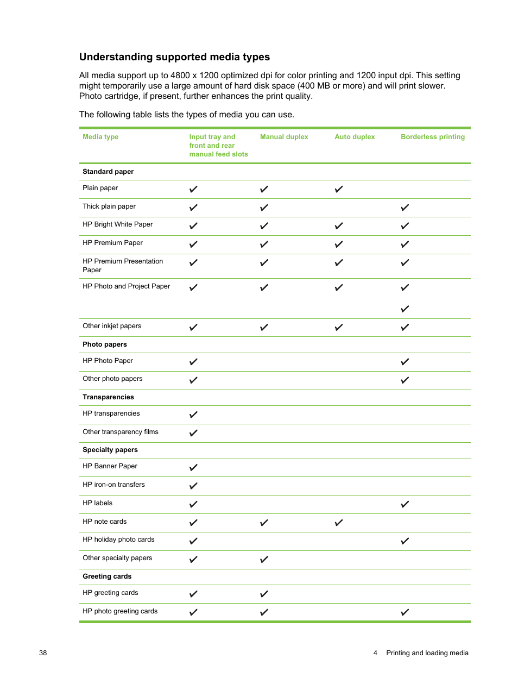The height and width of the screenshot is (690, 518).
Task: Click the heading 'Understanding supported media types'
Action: coord(174,57)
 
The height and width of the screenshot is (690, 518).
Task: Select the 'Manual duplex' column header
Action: coord(283,137)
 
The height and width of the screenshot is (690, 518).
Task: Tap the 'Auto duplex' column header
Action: coord(355,137)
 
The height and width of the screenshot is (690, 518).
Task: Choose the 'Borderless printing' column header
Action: coord(432,137)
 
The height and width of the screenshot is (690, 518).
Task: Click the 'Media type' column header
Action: coord(100,137)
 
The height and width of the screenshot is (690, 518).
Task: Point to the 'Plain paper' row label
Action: coord(100,188)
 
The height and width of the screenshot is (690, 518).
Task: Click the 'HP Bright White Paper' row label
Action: coord(117,224)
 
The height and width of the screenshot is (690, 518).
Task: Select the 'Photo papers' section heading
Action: coord(105,344)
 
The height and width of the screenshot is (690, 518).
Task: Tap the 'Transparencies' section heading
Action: coord(108,397)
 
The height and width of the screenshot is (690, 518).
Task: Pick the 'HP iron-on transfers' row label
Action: coord(113,485)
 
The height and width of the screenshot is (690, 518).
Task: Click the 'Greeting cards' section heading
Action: coord(107,576)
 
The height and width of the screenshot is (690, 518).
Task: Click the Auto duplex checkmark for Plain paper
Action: coord(339,189)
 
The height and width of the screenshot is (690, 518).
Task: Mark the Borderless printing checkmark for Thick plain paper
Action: coord(405,208)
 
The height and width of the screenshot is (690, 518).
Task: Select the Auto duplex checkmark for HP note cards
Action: coord(339,523)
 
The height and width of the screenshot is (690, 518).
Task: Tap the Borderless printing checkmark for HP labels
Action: coord(405,504)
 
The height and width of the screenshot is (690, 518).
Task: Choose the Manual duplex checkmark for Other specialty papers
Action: coord(264,559)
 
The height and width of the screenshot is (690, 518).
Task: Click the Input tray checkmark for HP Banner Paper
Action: coord(193,467)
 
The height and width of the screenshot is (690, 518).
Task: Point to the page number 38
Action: coord(43,653)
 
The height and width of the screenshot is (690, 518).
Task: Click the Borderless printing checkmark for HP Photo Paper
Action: coord(405,362)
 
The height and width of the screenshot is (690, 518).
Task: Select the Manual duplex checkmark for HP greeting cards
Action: coord(264,594)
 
